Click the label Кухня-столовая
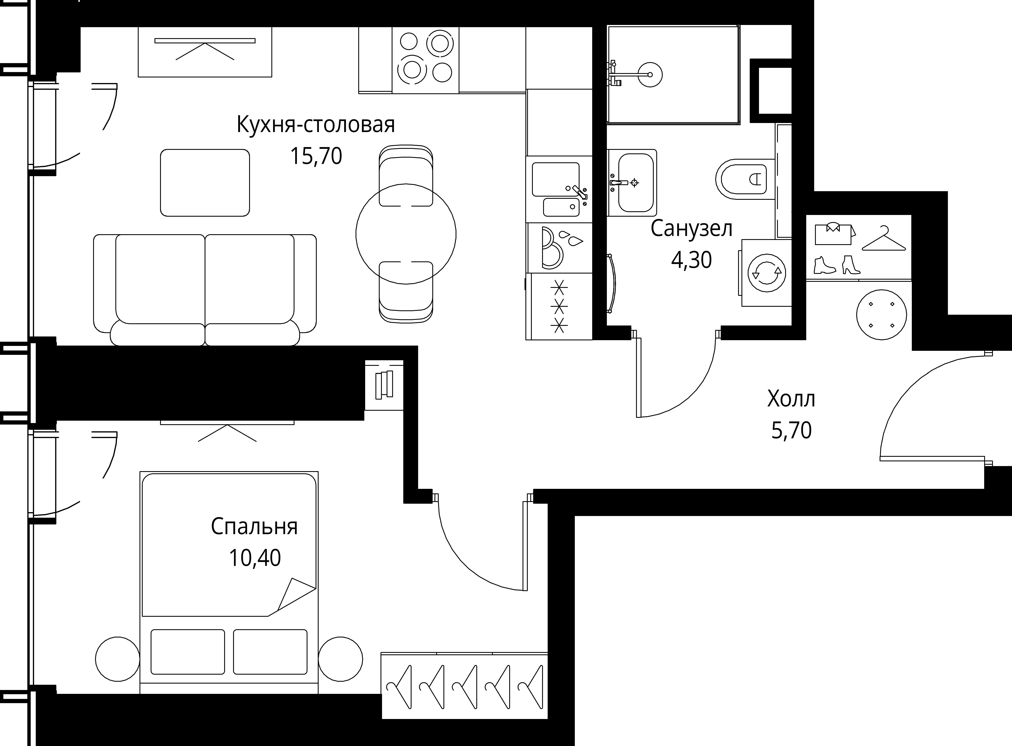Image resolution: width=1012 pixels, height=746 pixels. (x=316, y=125)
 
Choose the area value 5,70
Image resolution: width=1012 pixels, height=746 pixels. (x=791, y=430)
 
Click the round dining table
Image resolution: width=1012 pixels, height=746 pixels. (x=406, y=234)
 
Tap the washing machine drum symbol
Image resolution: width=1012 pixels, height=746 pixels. (x=766, y=273)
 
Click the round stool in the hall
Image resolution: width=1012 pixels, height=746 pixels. (x=882, y=315)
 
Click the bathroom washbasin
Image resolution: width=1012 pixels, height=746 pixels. (x=632, y=182)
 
